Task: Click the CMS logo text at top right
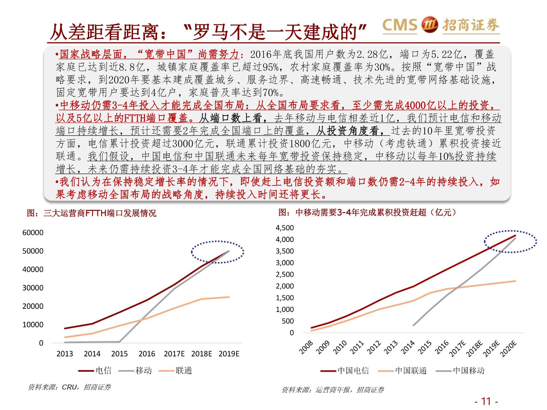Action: (400, 25)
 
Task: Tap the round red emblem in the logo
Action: (429, 25)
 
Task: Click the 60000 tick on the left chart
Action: (33, 233)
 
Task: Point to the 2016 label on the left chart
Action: (147, 354)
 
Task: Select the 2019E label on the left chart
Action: (229, 354)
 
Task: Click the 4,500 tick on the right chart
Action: (285, 228)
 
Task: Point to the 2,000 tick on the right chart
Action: (285, 286)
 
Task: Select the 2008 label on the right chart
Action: (306, 347)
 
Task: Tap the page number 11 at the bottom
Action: (486, 401)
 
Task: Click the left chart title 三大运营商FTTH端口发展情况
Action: (92, 213)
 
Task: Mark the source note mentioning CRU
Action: (69, 387)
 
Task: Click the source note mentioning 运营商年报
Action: (333, 390)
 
